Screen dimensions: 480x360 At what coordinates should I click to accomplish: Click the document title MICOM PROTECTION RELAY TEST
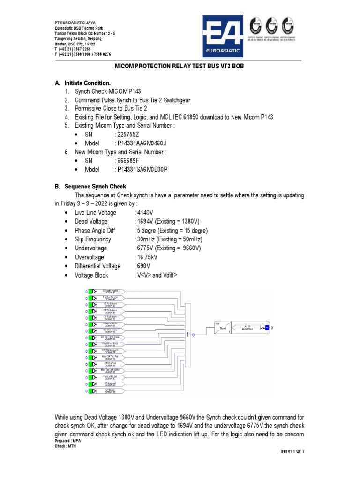click(x=180, y=67)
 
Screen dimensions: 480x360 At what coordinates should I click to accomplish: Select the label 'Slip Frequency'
click(x=93, y=239)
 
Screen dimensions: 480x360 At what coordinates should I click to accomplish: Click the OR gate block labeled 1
click(x=188, y=335)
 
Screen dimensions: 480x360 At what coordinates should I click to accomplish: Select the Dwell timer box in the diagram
click(x=222, y=327)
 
